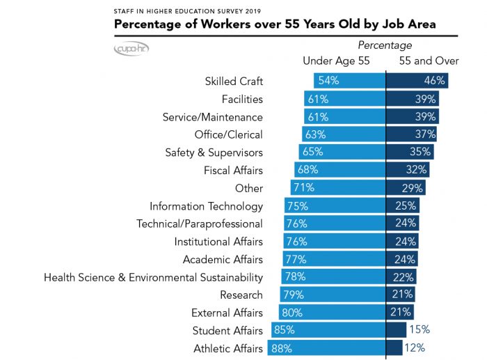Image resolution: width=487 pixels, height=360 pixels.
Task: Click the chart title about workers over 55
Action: (275, 24)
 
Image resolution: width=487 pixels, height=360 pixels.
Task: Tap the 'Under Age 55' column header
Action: (336, 61)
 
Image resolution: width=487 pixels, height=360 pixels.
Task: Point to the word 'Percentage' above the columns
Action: (385, 46)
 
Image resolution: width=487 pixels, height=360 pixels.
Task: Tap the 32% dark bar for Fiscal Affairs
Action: (408, 170)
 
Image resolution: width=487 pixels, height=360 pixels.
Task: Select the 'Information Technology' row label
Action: (206, 206)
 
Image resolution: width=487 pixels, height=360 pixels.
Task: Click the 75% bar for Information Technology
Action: (335, 206)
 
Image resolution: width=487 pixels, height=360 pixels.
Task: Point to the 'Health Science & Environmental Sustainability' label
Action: (153, 277)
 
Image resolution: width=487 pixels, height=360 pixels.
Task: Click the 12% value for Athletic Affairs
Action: (415, 348)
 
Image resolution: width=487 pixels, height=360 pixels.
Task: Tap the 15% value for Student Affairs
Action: (419, 330)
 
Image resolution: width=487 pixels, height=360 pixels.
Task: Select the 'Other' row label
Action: (249, 188)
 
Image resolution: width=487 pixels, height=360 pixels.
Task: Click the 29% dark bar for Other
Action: (405, 188)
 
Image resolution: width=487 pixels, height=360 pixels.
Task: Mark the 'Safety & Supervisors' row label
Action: (214, 152)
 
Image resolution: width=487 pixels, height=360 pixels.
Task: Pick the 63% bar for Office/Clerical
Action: (344, 134)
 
